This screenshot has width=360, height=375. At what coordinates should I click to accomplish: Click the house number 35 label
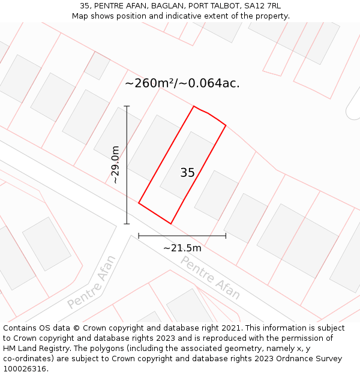pos(187,173)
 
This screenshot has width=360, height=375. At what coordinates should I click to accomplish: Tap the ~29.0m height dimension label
pos(116,165)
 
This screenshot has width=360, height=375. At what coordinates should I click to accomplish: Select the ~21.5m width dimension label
pos(182,248)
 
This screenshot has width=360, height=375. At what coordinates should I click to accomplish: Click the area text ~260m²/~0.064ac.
pos(182,83)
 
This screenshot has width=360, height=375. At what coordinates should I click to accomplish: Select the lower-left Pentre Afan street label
pos(91,282)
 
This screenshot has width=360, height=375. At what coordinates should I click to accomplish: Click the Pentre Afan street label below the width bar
pos(210,278)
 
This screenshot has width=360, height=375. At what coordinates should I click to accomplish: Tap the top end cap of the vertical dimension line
pos(127,106)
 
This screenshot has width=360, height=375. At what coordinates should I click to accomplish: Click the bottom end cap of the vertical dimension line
pos(127,224)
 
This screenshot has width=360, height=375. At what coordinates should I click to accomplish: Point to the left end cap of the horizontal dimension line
pos(139,236)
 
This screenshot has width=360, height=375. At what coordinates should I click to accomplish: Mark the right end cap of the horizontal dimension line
pos(226,236)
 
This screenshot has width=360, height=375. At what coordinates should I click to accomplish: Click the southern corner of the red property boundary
pos(171,224)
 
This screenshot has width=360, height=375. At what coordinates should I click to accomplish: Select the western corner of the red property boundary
pos(139,203)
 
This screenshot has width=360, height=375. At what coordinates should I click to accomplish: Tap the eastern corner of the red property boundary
pos(226,125)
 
